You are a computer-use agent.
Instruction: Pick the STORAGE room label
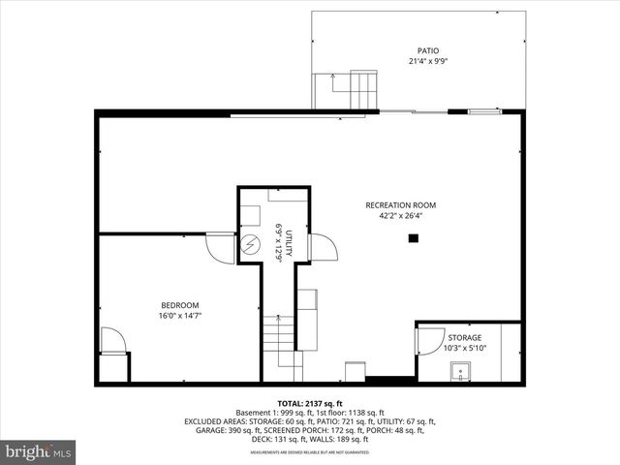click(x=464, y=337)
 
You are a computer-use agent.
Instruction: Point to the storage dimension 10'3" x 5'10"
click(x=464, y=348)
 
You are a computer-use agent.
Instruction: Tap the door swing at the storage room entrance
click(x=425, y=339)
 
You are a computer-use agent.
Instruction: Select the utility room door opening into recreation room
click(x=324, y=248)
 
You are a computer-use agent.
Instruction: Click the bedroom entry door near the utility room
click(x=220, y=249)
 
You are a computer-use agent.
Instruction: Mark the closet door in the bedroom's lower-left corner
click(x=112, y=340)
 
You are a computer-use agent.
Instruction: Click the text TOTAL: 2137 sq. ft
click(x=310, y=403)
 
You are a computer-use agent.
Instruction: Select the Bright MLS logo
click(x=39, y=451)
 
